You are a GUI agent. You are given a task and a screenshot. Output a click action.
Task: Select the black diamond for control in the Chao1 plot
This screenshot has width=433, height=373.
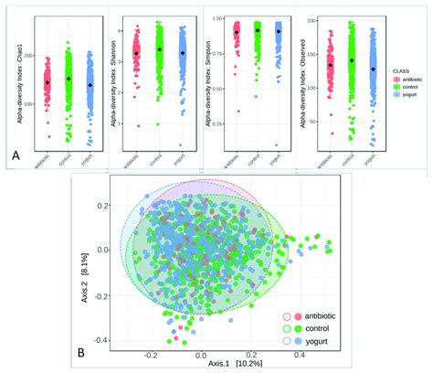(x=69, y=79)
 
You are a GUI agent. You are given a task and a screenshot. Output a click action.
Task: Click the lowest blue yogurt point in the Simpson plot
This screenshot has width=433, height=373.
(x=277, y=144)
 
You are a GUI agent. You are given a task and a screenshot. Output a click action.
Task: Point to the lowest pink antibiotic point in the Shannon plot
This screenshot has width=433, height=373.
(x=138, y=125)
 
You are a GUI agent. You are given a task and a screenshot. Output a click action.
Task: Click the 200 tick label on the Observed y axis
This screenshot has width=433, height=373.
(x=311, y=18)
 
